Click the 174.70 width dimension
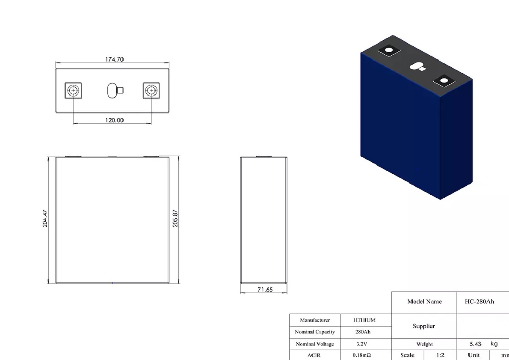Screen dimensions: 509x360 (x=114, y=60)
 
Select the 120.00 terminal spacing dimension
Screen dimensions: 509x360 (x=114, y=120)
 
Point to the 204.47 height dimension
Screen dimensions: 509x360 (x=45, y=219)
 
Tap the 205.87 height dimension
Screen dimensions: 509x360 (x=175, y=219)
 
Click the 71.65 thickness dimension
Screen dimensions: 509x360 (x=265, y=289)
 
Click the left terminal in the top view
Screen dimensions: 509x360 (x=73, y=91)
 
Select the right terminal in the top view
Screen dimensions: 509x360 (x=151, y=91)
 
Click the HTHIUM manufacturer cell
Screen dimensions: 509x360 (x=364, y=320)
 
